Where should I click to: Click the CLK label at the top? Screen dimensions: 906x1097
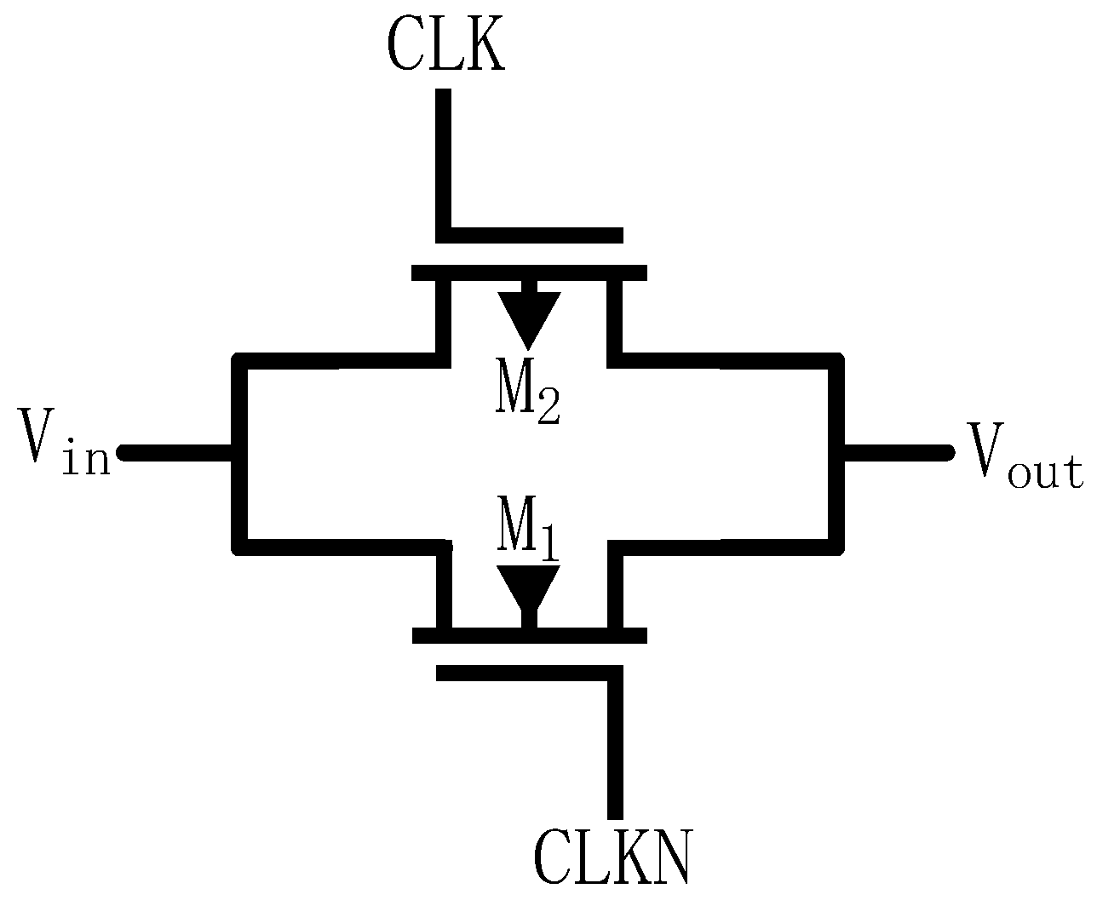(x=445, y=43)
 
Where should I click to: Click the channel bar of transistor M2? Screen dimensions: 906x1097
(x=529, y=273)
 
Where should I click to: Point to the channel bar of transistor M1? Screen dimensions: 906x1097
(x=529, y=635)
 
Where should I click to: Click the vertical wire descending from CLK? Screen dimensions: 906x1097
(x=444, y=162)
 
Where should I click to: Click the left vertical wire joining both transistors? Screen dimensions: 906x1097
(x=240, y=453)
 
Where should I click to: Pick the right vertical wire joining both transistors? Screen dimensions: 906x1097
(x=836, y=453)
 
